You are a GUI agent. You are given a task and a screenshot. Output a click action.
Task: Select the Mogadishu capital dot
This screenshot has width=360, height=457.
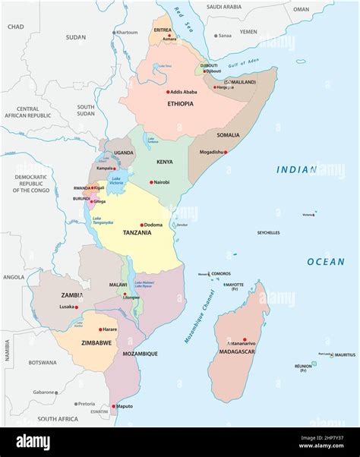pyautogui.click(x=225, y=152)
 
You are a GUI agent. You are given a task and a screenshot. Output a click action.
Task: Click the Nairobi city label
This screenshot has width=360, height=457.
pyautogui.click(x=161, y=182)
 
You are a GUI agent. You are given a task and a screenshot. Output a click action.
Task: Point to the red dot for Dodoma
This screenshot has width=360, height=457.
pyautogui.click(x=141, y=225)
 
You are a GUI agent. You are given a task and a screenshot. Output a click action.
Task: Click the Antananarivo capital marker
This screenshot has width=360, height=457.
pyautogui.click(x=245, y=339)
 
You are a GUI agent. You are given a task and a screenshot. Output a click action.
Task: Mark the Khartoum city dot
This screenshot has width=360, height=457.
pyautogui.click(x=115, y=33)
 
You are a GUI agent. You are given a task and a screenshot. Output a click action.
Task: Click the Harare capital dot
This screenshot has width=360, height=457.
pyautogui.click(x=100, y=329)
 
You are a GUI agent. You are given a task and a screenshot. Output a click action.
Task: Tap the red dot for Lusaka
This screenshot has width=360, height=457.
pyautogui.click(x=76, y=307)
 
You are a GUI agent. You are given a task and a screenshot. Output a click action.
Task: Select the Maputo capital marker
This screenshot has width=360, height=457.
pyautogui.click(x=115, y=406)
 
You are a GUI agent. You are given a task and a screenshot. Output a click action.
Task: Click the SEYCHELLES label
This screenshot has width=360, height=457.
pyautogui.click(x=268, y=233)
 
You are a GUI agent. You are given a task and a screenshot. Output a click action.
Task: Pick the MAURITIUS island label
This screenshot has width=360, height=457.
pyautogui.click(x=344, y=355)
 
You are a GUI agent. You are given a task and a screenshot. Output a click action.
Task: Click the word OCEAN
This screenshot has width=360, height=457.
pyautogui.click(x=325, y=262)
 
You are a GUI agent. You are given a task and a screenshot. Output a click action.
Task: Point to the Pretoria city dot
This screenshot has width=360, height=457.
pyautogui.click(x=75, y=404)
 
